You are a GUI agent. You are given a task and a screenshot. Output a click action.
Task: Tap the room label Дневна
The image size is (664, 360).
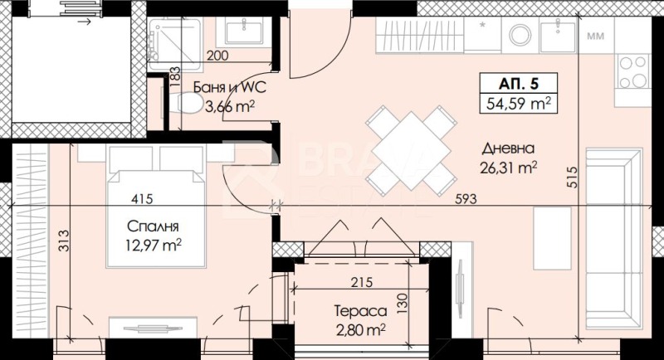coord(508,148)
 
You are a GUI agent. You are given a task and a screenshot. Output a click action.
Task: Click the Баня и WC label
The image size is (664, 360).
coord(230,88)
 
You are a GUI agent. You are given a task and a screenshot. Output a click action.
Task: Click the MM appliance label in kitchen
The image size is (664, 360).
coord(595,36)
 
